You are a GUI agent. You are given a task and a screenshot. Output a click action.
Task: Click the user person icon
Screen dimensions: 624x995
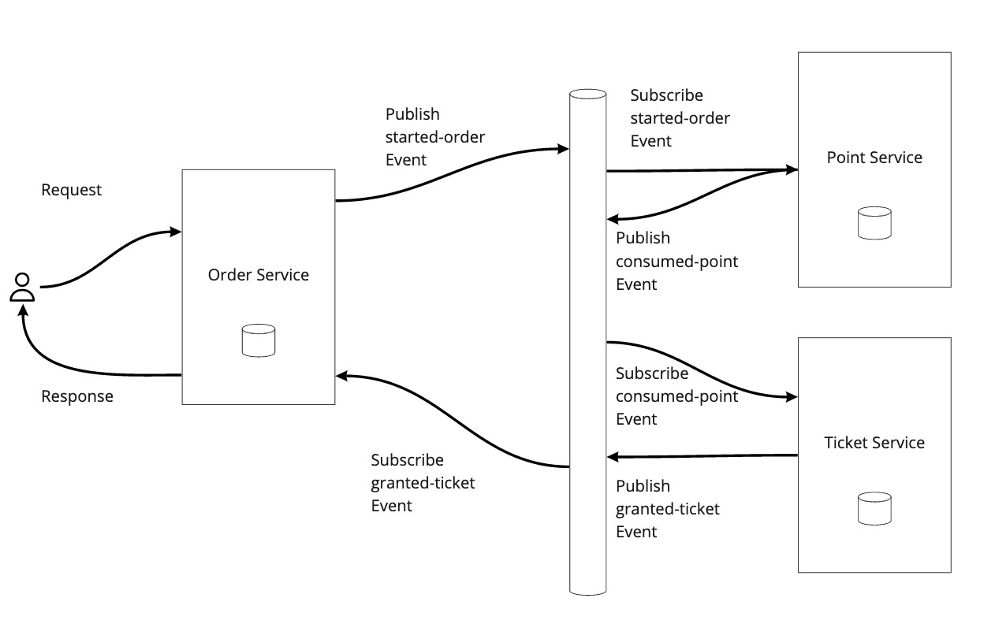pos(22,288)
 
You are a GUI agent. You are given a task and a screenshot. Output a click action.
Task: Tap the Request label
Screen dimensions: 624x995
pos(71,190)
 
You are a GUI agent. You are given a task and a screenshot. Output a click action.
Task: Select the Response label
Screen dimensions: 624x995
pos(76,396)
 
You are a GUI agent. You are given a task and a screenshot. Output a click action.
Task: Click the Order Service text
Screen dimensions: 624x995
pos(258,275)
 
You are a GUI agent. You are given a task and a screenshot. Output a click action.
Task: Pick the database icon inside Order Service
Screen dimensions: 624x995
pos(258,340)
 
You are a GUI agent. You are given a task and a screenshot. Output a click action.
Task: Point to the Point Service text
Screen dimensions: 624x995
pos(874,158)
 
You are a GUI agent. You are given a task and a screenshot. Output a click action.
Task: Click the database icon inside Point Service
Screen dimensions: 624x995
pos(874,223)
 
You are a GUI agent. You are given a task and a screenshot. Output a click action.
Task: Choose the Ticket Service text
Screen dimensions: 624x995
pos(874,443)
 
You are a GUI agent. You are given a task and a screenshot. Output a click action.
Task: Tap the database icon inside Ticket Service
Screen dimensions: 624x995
pos(874,508)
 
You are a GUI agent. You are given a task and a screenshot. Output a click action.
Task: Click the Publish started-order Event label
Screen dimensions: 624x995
pos(434,137)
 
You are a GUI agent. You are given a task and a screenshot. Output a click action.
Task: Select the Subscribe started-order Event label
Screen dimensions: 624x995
pos(680,118)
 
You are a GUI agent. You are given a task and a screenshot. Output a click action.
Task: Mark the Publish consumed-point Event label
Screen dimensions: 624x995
pos(676,261)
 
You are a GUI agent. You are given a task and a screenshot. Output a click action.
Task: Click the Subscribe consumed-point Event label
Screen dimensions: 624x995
pos(676,396)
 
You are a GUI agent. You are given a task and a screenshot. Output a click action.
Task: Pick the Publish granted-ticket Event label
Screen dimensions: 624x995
pos(667,509)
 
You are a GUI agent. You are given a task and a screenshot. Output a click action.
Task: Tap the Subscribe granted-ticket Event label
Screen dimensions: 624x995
pos(423,482)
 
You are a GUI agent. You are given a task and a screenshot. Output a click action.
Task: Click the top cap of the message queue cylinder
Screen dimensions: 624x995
pos(587,95)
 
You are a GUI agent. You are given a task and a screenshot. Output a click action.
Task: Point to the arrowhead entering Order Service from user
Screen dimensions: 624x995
pos(177,232)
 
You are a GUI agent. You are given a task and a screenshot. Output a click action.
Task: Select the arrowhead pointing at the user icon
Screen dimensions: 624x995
pos(24,310)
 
